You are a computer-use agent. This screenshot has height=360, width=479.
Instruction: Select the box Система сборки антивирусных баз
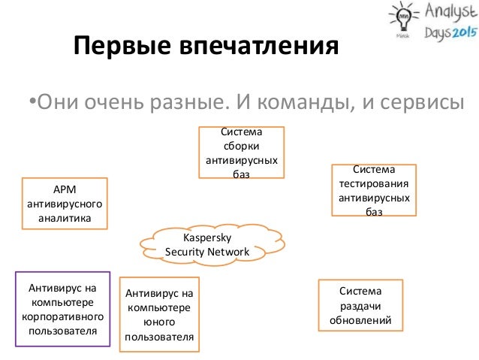click(x=241, y=153)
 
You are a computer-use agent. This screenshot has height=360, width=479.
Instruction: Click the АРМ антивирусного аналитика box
click(x=65, y=203)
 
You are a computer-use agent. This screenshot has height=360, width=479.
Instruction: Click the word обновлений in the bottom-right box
click(x=360, y=321)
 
